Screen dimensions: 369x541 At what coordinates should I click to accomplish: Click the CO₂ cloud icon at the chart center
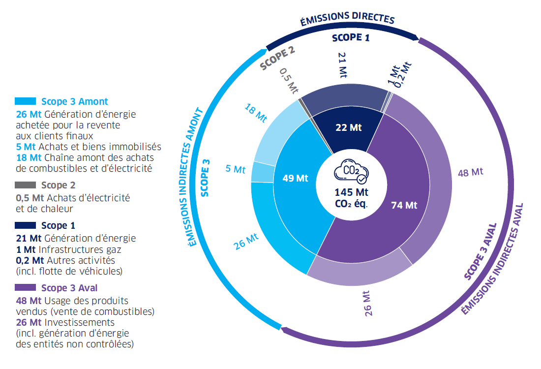pyautogui.click(x=350, y=171)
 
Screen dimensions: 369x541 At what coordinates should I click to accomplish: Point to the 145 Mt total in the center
pyautogui.click(x=351, y=192)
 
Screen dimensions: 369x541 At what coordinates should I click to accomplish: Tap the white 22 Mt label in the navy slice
pyautogui.click(x=348, y=127)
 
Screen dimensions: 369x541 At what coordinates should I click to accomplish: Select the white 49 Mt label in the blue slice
pyautogui.click(x=295, y=178)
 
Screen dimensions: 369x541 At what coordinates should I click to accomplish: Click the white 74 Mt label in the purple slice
pyautogui.click(x=404, y=205)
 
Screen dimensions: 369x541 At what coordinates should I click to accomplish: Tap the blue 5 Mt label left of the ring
pyautogui.click(x=235, y=169)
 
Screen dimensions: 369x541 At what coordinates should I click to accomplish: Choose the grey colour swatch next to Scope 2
pyautogui.click(x=26, y=185)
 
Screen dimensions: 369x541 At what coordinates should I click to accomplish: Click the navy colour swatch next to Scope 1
pyautogui.click(x=26, y=226)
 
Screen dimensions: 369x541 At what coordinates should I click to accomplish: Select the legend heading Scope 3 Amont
pyautogui.click(x=74, y=101)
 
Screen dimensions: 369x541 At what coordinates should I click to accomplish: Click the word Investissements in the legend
pyautogui.click(x=79, y=323)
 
